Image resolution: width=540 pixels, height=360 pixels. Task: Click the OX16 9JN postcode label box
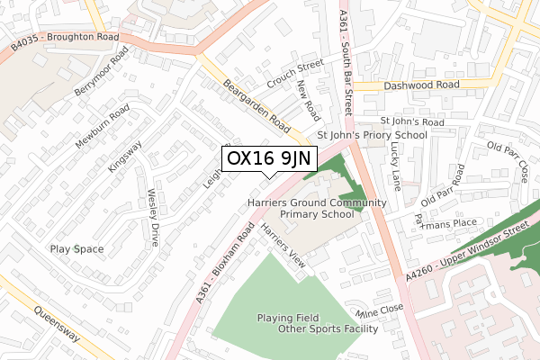coord(269,157)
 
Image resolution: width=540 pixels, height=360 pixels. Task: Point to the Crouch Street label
coord(300,70)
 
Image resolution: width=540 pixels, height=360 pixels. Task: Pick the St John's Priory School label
coord(373,136)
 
